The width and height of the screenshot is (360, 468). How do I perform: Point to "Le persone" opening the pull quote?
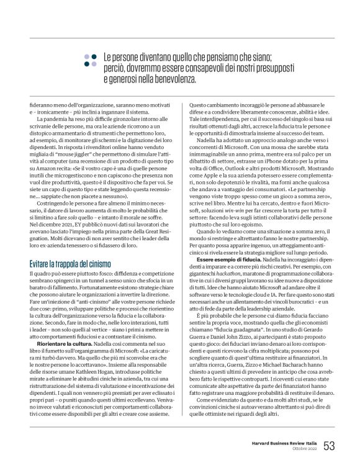pos(118,55)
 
